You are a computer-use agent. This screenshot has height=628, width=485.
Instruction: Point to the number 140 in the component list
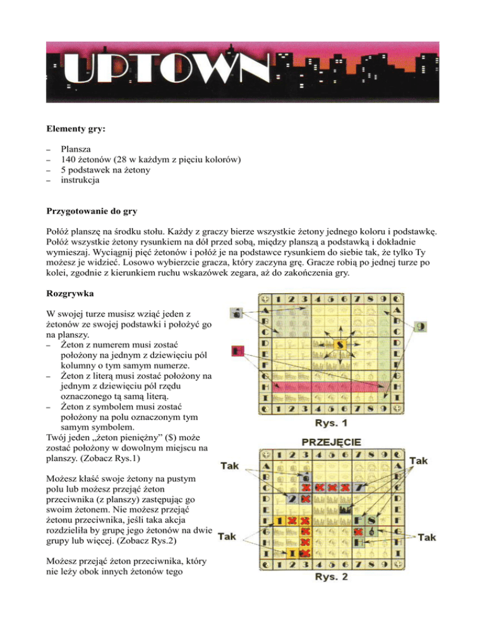[68, 162]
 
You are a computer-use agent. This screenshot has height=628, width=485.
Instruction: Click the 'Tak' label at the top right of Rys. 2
[417, 462]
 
